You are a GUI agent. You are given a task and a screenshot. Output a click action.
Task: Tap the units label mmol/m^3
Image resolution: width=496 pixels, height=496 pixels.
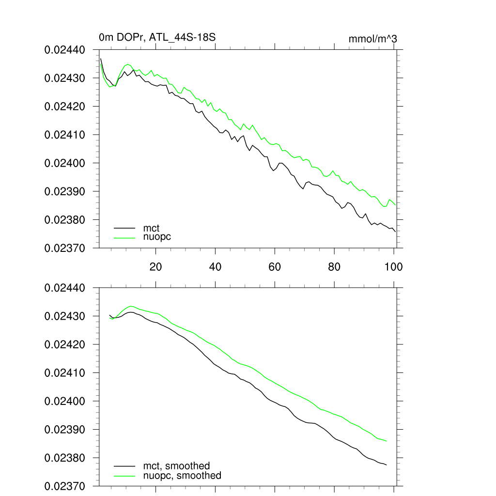[x=372, y=39]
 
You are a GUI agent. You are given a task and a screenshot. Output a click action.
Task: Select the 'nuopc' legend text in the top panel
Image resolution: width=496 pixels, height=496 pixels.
[x=157, y=237]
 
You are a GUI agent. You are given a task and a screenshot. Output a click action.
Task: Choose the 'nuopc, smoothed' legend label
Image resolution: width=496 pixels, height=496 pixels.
[x=182, y=476]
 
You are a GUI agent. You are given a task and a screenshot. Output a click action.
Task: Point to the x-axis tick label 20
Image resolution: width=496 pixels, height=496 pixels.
[x=155, y=266]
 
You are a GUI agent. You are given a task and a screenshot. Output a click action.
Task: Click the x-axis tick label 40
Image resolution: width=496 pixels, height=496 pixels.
[x=215, y=266]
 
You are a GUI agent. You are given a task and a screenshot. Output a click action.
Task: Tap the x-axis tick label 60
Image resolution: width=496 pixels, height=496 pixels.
[x=275, y=266]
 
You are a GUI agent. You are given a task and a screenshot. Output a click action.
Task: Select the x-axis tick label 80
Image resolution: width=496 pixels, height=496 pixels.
[x=334, y=266]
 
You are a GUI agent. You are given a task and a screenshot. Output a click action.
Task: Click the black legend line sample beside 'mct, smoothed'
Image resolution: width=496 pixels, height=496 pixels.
[x=124, y=466]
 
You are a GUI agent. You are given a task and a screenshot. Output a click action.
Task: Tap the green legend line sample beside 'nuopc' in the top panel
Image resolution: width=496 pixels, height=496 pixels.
[x=124, y=237]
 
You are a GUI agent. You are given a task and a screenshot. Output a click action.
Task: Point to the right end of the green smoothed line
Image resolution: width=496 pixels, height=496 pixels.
[x=387, y=441]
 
